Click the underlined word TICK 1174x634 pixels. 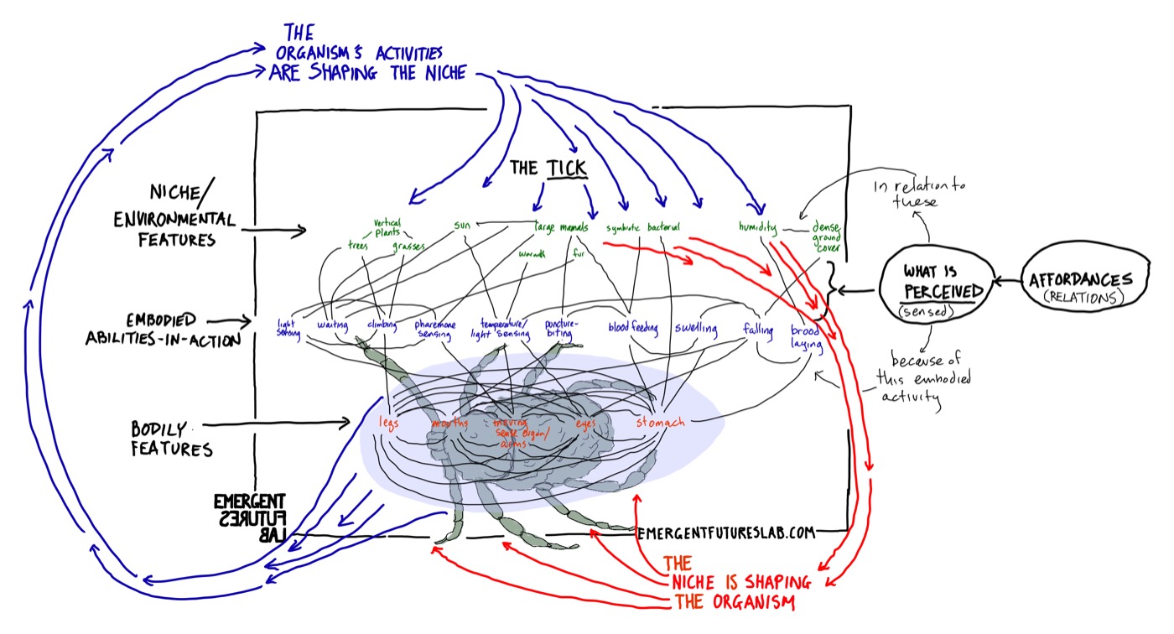click(x=567, y=169)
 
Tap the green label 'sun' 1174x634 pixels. click(x=463, y=225)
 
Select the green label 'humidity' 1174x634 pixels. click(x=756, y=226)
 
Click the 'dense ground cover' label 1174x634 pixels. click(x=825, y=236)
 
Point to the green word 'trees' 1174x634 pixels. click(x=359, y=246)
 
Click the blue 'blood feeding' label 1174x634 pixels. click(x=633, y=328)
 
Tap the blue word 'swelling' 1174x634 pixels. click(x=696, y=328)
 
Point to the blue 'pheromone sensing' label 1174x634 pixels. click(x=439, y=328)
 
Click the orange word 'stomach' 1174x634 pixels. click(x=660, y=422)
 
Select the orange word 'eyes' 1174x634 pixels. click(x=585, y=424)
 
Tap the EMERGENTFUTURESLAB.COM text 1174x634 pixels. click(x=726, y=532)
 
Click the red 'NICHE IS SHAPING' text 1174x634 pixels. click(x=736, y=583)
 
